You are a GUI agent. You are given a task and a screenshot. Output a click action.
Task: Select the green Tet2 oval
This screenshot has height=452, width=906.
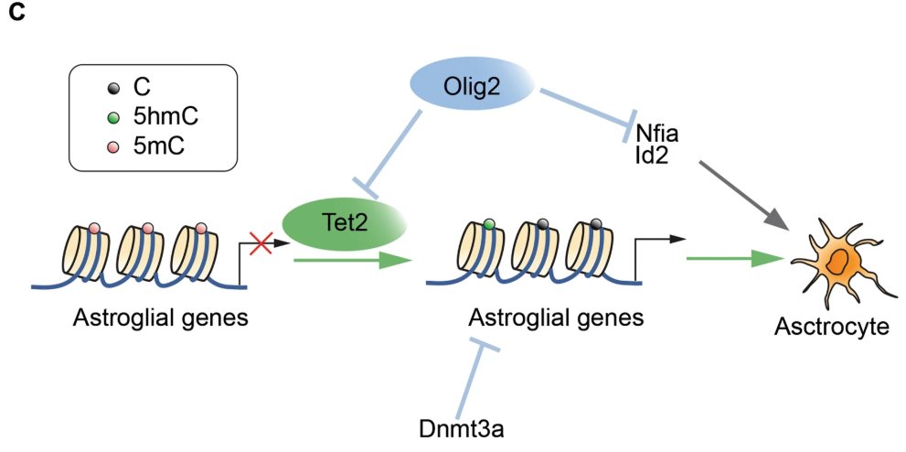344,224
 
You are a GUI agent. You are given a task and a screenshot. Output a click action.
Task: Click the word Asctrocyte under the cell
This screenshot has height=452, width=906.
830,327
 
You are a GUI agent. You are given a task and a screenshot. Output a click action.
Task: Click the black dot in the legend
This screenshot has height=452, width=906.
112,88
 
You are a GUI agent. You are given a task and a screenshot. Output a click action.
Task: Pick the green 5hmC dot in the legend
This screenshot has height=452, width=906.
112,117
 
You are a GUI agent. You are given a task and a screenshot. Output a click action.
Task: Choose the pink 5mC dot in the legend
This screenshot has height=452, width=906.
112,146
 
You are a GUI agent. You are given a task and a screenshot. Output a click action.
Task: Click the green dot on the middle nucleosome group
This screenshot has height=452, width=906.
490,223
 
